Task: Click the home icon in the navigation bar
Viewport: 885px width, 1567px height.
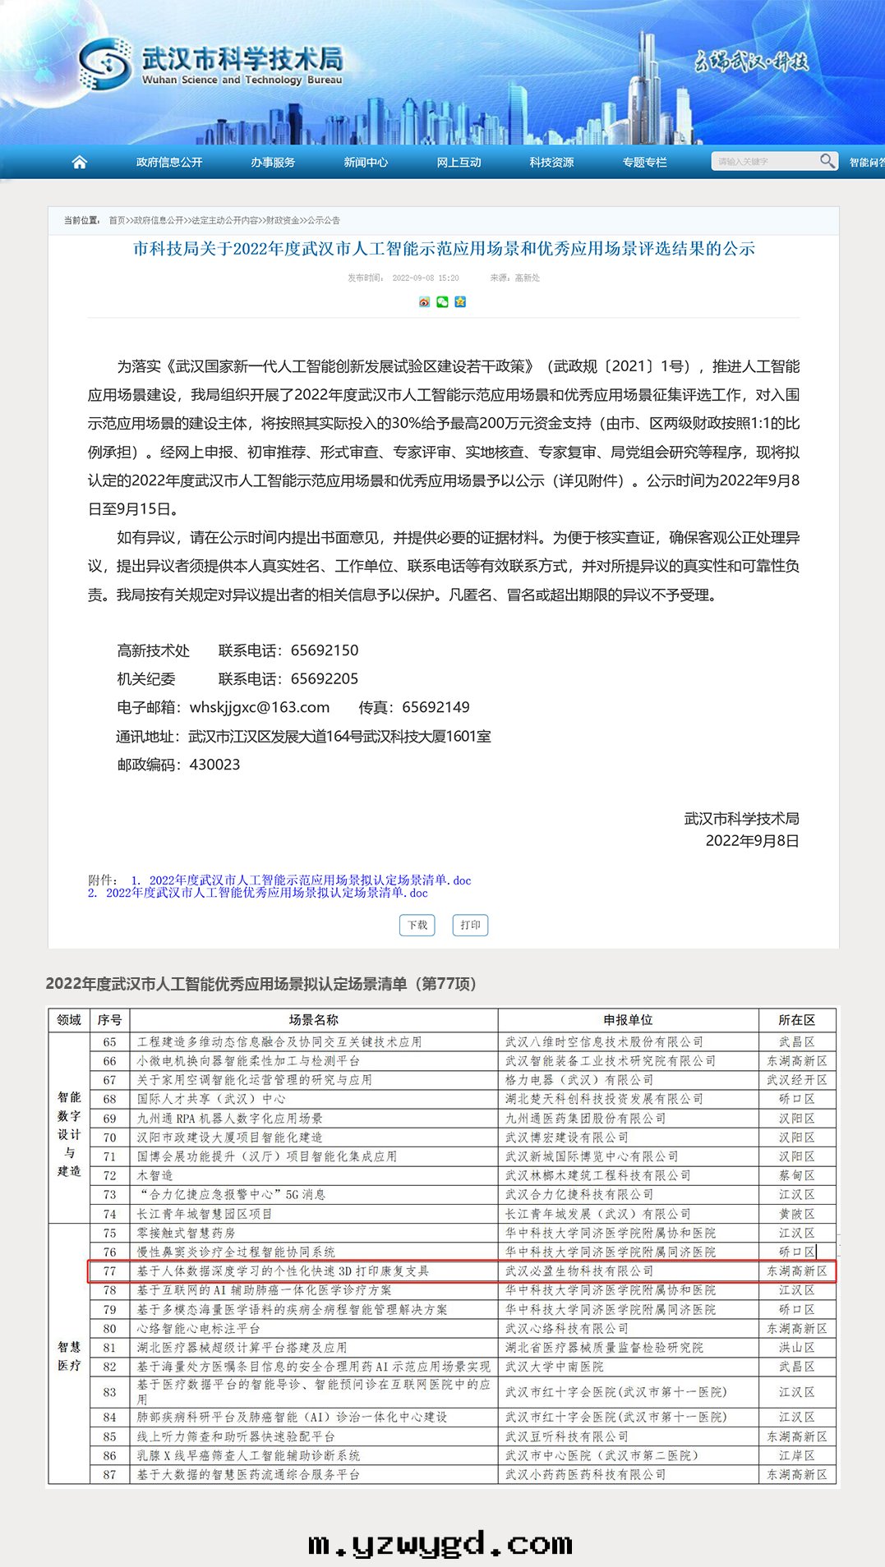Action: pos(80,162)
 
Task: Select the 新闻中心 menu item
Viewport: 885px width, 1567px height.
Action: pos(366,163)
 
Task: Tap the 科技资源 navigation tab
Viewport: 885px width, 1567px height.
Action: pos(551,163)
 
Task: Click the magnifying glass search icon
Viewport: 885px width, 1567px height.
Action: pos(827,161)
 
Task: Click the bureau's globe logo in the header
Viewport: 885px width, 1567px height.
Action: pos(105,64)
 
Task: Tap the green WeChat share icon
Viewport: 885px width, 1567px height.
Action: pos(443,301)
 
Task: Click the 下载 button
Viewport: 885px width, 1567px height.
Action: pos(417,925)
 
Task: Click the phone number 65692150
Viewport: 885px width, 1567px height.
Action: pos(325,650)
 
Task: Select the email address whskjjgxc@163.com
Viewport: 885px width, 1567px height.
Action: pos(260,707)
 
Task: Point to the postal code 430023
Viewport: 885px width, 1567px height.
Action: pos(214,765)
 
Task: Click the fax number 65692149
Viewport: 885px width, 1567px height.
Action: pos(436,707)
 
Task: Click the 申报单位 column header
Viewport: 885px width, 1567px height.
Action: pos(628,1020)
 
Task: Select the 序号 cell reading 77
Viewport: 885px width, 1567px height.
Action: pos(109,1271)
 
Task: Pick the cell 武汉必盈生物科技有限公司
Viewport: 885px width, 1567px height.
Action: pos(579,1271)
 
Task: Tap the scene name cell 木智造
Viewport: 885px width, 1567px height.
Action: pos(155,1175)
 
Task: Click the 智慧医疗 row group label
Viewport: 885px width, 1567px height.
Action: pos(69,1356)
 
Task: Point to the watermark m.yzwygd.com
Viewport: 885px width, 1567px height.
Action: pos(440,1544)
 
